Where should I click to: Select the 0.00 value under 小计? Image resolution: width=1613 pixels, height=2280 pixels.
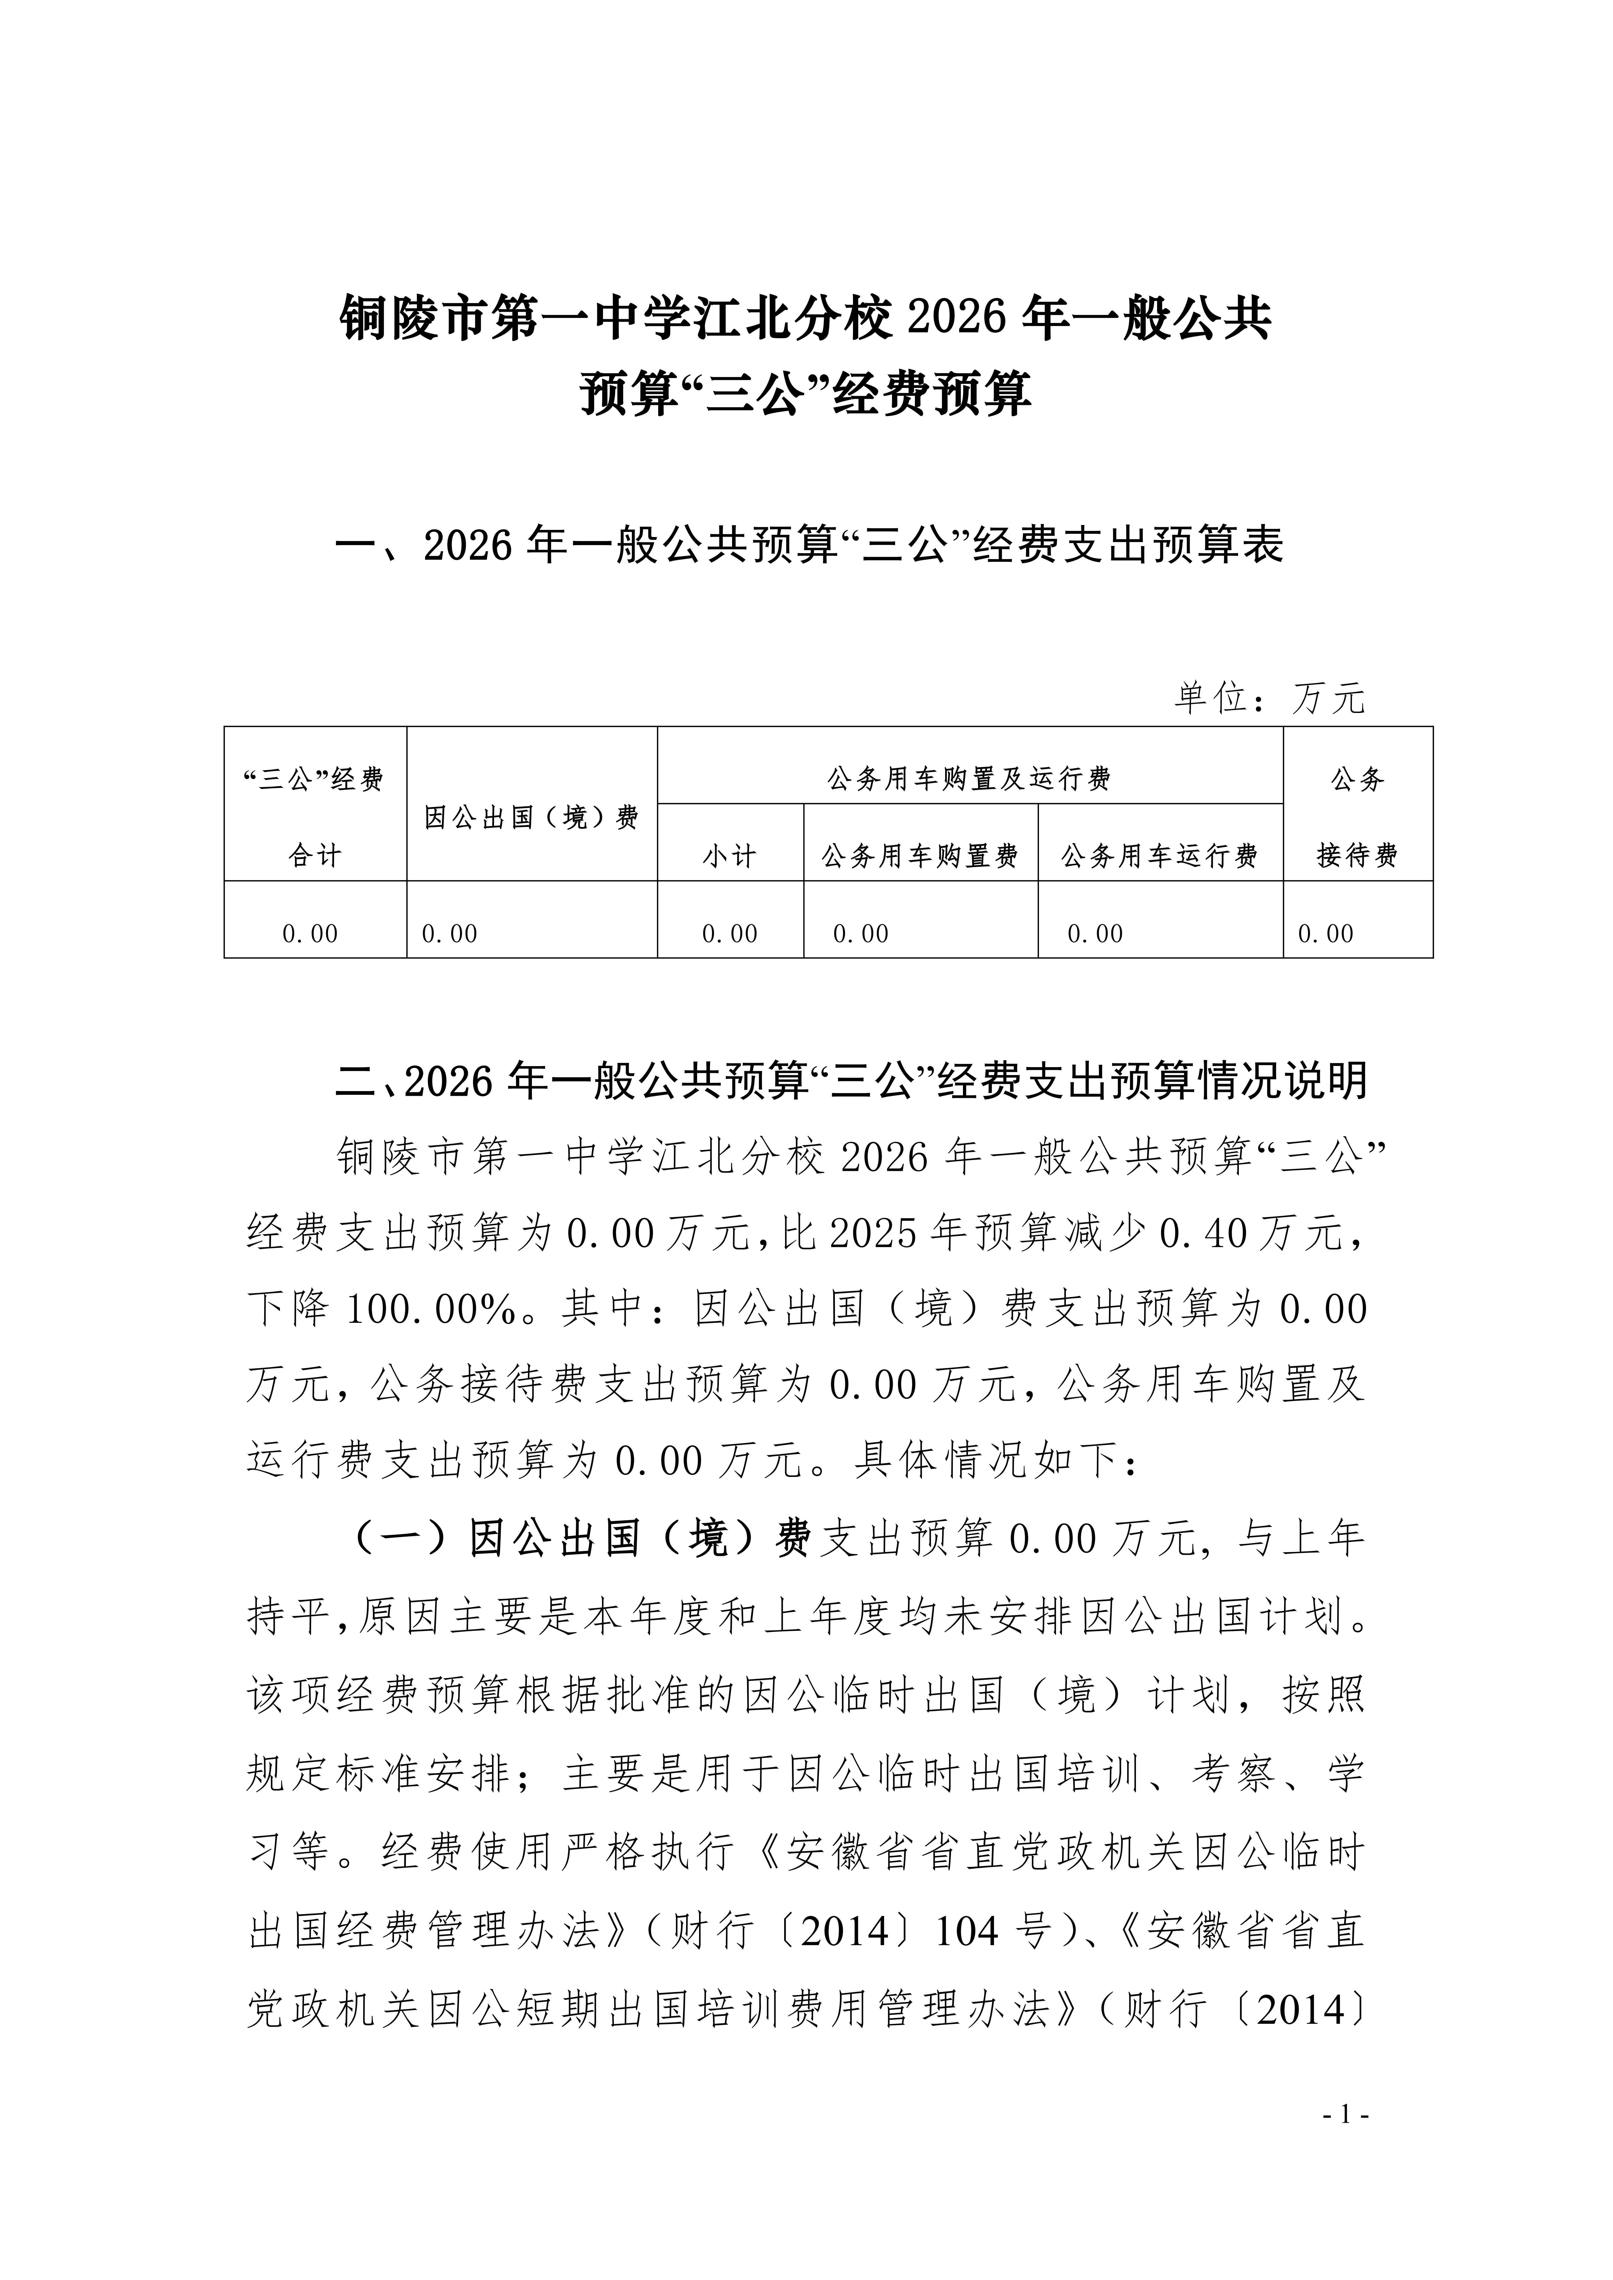730,933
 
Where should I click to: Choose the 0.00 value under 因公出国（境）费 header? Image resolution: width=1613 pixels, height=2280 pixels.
450,933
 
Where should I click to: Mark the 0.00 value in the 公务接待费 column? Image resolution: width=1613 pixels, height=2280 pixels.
1326,933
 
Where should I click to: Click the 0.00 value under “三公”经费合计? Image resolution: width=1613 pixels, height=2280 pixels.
311,933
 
